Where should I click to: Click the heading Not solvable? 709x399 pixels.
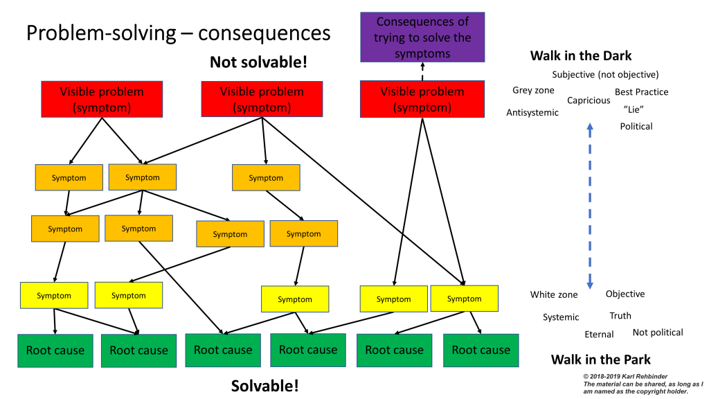(258, 62)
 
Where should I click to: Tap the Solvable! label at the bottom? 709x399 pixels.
(265, 386)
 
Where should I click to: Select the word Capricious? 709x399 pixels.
(589, 100)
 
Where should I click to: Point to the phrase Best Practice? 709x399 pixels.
(641, 92)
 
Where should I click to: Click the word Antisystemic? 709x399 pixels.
(532, 113)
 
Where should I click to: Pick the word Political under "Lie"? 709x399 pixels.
(636, 126)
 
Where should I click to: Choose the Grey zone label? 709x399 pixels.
(533, 91)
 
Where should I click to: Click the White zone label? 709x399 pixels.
(554, 295)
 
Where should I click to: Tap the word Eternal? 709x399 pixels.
(599, 335)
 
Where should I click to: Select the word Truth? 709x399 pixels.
(620, 316)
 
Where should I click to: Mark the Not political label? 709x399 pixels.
(658, 332)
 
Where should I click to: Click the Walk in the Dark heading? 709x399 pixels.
(581, 56)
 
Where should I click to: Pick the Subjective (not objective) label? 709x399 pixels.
(605, 75)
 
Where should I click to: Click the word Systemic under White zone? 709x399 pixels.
(561, 317)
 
